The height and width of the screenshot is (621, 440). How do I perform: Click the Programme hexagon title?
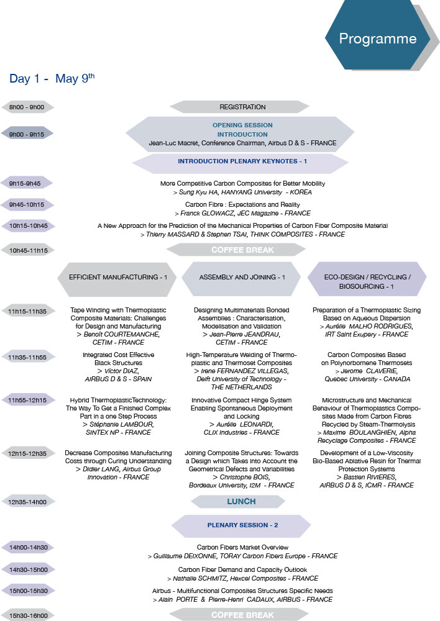377,39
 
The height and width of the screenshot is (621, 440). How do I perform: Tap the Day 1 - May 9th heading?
52,78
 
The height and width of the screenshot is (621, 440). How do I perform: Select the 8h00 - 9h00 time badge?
27,107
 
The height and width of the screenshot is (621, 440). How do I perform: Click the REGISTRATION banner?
239,107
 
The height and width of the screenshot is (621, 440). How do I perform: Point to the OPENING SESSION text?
242,125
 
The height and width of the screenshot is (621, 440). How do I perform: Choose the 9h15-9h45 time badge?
26,183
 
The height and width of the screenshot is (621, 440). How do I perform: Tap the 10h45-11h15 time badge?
28,250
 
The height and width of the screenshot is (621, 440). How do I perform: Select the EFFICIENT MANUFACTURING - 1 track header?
117,279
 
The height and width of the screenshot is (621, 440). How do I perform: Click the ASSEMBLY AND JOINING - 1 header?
241,279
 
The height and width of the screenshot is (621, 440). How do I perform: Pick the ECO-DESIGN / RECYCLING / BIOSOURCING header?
367,279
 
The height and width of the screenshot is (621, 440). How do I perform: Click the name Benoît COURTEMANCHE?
122,334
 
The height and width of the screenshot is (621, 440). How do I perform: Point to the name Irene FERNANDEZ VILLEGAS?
245,371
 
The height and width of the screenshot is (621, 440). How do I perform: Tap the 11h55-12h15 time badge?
27,400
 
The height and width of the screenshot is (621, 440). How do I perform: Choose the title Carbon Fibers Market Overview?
242,547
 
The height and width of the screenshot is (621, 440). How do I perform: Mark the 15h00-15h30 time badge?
28,591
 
